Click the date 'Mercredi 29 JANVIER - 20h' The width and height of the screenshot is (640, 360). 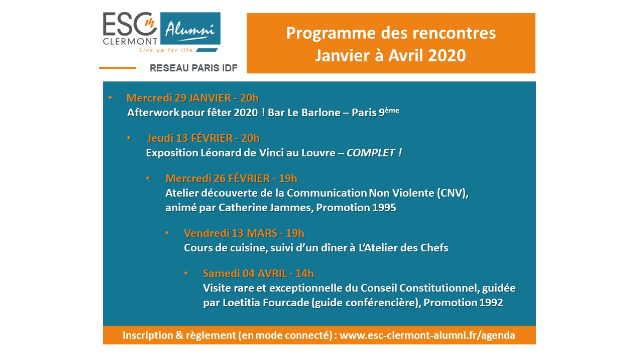pyautogui.click(x=192, y=98)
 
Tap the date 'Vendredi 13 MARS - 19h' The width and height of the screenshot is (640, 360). pyautogui.click(x=244, y=232)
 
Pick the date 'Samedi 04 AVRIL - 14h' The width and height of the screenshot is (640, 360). pyautogui.click(x=258, y=272)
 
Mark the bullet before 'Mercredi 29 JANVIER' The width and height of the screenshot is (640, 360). pyautogui.click(x=110, y=98)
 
